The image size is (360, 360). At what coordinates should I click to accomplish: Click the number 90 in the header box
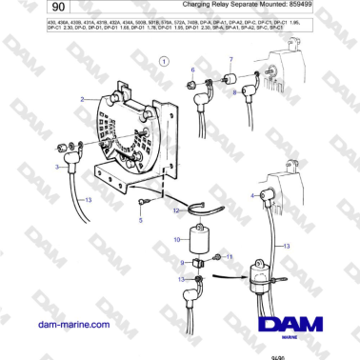26,8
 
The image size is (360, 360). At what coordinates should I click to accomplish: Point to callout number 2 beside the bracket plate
84,99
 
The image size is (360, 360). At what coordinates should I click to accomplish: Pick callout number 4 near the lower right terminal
251,195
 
